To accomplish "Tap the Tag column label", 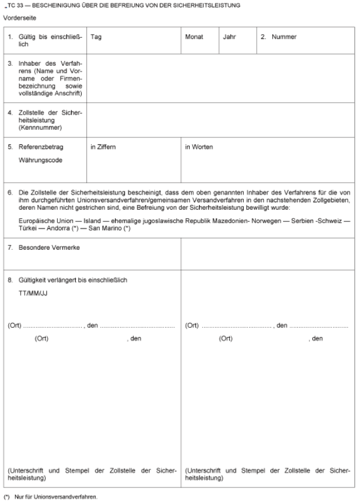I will pyautogui.click(x=96, y=37).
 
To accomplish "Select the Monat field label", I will pyautogui.click(x=194, y=37).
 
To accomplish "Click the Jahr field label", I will pyautogui.click(x=229, y=37).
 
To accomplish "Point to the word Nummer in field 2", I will pyautogui.click(x=284, y=37).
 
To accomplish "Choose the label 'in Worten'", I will pyautogui.click(x=198, y=147).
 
